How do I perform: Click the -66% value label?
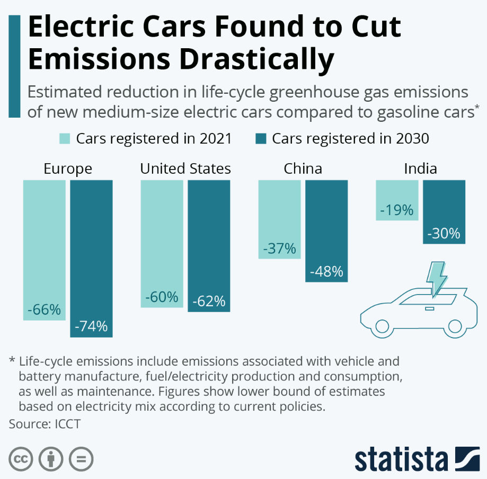click(44, 309)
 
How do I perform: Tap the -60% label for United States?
click(162, 297)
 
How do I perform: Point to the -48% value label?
click(326, 272)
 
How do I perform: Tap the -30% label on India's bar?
click(444, 233)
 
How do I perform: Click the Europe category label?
click(68, 168)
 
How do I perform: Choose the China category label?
click(303, 168)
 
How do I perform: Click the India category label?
click(420, 168)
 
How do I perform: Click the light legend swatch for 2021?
click(65, 139)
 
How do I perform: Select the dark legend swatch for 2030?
click(261, 139)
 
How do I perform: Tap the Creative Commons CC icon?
click(21, 458)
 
